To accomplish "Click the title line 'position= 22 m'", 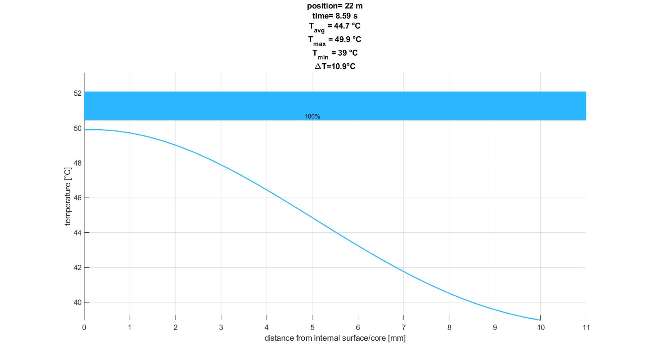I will [x=335, y=6].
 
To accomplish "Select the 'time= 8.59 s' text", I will [x=335, y=16].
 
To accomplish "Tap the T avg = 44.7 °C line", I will [x=335, y=26].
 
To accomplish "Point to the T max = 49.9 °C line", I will [x=335, y=40].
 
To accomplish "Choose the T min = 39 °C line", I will [x=335, y=53].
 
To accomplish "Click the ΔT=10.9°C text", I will [x=335, y=66].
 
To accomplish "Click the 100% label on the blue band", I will [x=312, y=117].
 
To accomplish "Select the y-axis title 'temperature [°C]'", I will [x=68, y=196].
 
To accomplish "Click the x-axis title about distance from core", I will [x=335, y=338].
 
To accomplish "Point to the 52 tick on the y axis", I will [x=78, y=93].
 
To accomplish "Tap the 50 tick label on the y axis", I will [x=78, y=128].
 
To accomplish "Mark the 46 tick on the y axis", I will [x=78, y=198].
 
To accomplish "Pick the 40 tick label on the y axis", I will [x=78, y=303].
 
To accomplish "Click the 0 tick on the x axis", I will [x=84, y=328].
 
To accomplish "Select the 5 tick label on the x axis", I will [x=312, y=328].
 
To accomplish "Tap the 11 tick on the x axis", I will [x=586, y=328].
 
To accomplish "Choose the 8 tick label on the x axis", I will [x=449, y=328].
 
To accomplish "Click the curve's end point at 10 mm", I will [x=540, y=319].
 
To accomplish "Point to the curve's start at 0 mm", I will [x=84, y=130].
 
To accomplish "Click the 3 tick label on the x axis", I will [x=221, y=328].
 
